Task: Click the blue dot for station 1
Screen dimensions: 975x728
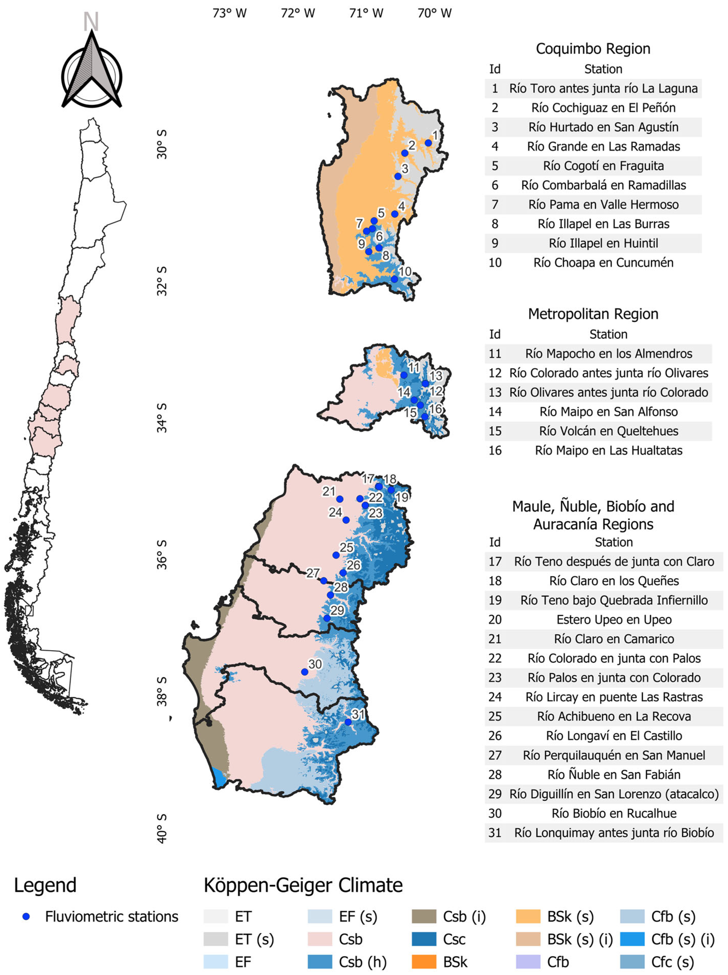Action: pyautogui.click(x=428, y=143)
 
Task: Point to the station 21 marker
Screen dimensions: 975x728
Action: pyautogui.click(x=340, y=499)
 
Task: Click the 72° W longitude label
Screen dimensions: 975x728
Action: pyautogui.click(x=298, y=13)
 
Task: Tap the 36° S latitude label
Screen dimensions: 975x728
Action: pyautogui.click(x=162, y=554)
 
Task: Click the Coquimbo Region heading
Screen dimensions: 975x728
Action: pyautogui.click(x=593, y=48)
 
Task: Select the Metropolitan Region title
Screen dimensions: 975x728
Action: pyautogui.click(x=593, y=314)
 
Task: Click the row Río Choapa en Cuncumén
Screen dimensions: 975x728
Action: pyautogui.click(x=603, y=263)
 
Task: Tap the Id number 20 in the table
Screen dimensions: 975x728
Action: pyautogui.click(x=495, y=619)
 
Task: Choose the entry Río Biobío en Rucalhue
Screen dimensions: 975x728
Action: pyautogui.click(x=614, y=813)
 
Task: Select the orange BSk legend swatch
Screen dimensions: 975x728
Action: pyautogui.click(x=424, y=962)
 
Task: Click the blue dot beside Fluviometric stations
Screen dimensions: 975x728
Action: pyautogui.click(x=26, y=916)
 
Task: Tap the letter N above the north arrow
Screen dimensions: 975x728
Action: pyautogui.click(x=91, y=21)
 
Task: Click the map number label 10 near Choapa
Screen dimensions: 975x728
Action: pyautogui.click(x=405, y=271)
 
